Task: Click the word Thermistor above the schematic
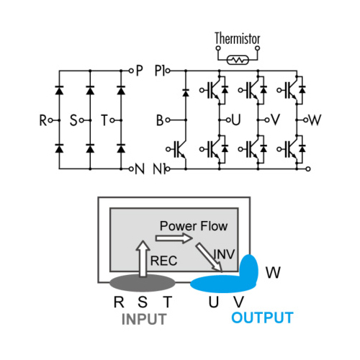(238, 38)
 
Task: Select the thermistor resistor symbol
(238, 60)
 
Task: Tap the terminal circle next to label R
(50, 120)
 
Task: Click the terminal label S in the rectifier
(73, 120)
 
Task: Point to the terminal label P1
(160, 71)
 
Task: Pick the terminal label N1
(159, 169)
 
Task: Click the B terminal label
(160, 120)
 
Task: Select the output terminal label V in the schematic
(276, 120)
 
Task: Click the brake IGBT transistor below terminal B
(179, 150)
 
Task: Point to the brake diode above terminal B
(186, 92)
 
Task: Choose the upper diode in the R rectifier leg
(59, 90)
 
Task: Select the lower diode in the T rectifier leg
(121, 148)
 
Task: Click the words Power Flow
(194, 226)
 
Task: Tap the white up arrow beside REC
(143, 258)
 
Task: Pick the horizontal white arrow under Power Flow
(174, 238)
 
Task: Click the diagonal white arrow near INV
(209, 258)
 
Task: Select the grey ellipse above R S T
(143, 283)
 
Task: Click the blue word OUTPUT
(262, 318)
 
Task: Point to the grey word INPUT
(144, 319)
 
